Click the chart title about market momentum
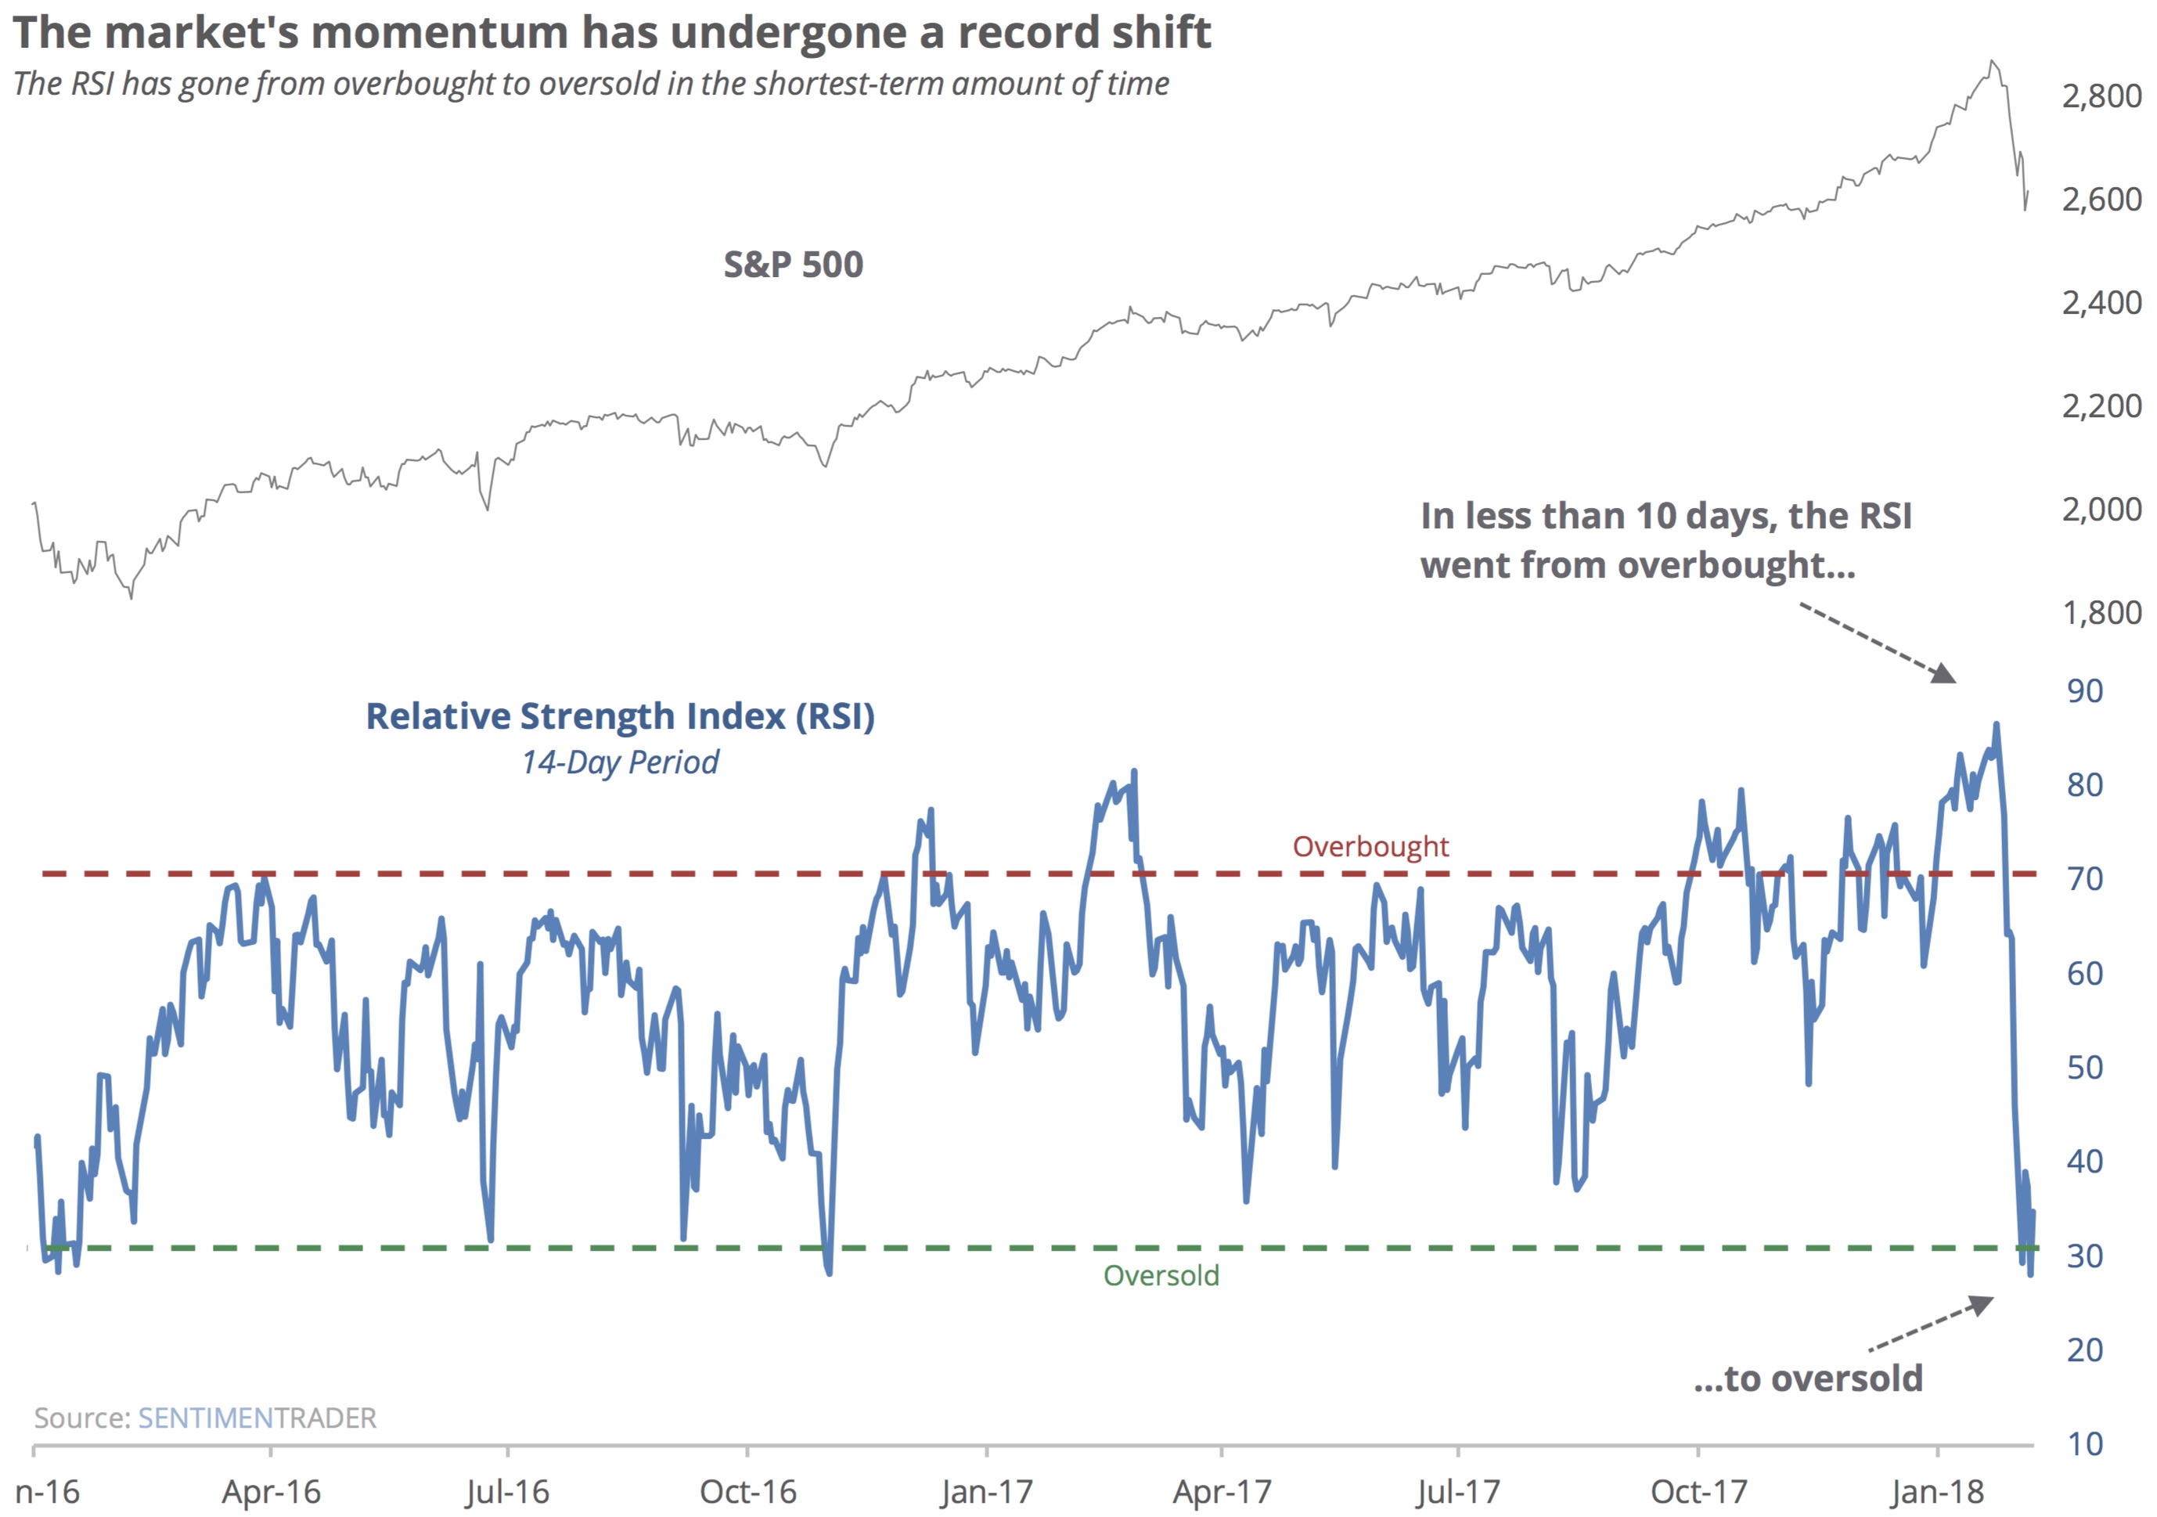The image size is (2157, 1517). coord(610,33)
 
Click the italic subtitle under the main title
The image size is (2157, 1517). coord(591,84)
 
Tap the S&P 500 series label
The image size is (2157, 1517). coord(793,265)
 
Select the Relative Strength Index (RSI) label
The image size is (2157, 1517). coord(620,717)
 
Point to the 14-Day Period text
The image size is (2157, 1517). coord(620,762)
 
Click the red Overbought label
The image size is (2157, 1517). coord(1370,847)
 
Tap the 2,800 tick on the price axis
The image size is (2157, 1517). coord(2101,95)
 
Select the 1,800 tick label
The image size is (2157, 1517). coord(2101,612)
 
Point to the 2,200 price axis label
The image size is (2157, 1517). coord(2101,405)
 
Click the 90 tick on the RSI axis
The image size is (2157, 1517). coord(2085,691)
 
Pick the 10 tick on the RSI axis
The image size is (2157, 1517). coord(2085,1443)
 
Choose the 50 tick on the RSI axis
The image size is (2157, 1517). coord(2085,1068)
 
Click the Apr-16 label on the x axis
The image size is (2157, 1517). coord(271,1492)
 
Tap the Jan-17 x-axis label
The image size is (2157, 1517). coord(985,1492)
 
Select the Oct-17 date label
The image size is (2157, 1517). coord(1698,1492)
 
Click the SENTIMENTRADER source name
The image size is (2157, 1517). coord(257,1418)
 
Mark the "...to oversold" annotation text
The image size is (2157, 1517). coord(1809,1378)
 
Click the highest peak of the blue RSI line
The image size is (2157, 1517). coord(1997,724)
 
